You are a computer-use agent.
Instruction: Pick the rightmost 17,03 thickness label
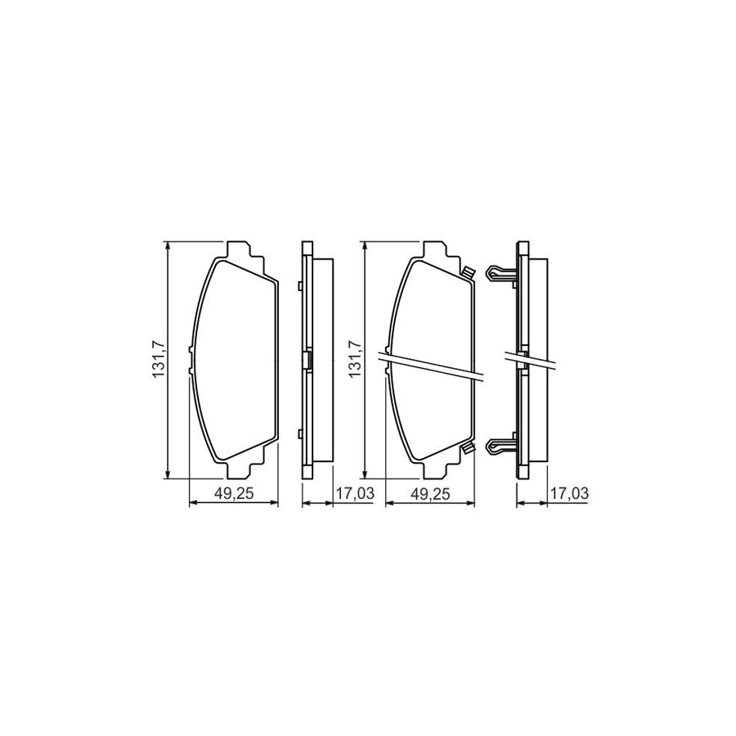click(569, 494)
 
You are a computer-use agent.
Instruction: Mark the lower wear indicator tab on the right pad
click(467, 447)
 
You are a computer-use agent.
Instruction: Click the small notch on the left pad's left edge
click(191, 361)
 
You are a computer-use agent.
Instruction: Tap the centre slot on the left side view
click(307, 361)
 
